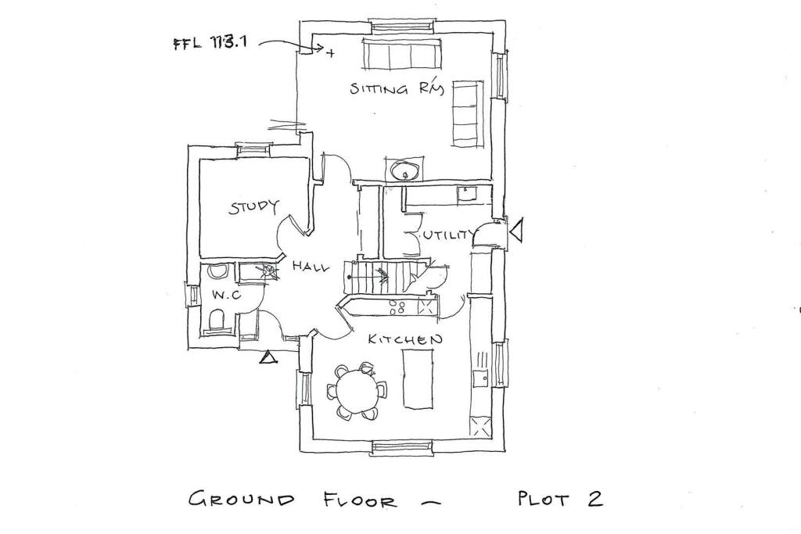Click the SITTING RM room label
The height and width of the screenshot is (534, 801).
[397, 88]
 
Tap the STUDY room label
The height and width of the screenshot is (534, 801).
[254, 206]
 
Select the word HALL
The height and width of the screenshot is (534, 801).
[311, 266]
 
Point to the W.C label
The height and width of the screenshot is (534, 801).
[226, 295]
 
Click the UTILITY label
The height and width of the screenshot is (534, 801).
[448, 235]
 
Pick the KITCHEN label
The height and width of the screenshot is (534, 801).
[405, 339]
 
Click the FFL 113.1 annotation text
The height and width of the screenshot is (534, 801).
[210, 42]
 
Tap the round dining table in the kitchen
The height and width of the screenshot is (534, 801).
[356, 391]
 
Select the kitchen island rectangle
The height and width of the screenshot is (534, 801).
[418, 378]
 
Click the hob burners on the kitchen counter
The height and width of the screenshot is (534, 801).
[398, 306]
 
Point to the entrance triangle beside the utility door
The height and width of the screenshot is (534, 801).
[516, 230]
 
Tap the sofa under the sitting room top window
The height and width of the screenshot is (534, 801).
[401, 53]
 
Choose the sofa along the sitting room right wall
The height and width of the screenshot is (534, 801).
[467, 113]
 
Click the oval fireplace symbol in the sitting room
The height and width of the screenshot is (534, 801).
[406, 169]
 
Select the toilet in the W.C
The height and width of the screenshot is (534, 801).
[217, 320]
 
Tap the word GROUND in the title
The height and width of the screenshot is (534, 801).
[241, 499]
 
